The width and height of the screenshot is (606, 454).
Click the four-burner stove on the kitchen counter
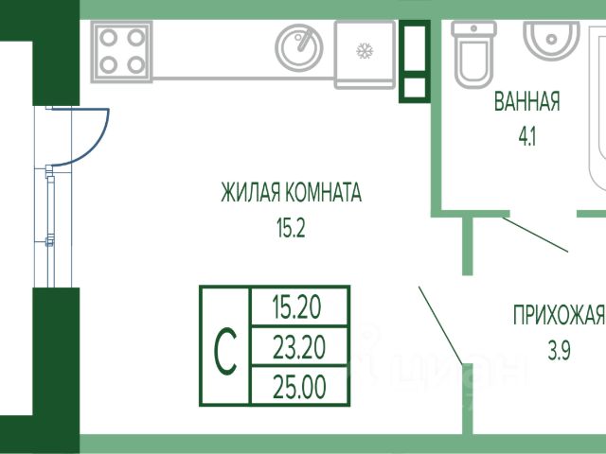[120, 51]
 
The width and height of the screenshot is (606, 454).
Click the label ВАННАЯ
[526, 102]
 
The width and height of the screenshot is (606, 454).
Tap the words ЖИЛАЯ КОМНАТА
[291, 194]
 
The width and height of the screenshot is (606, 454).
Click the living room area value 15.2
[291, 227]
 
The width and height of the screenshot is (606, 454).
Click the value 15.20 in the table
[296, 306]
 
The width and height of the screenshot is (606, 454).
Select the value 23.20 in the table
[296, 348]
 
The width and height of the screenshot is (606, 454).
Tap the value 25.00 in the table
[296, 387]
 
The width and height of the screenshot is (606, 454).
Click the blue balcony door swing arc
[98, 142]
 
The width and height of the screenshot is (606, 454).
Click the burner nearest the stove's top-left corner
[108, 38]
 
